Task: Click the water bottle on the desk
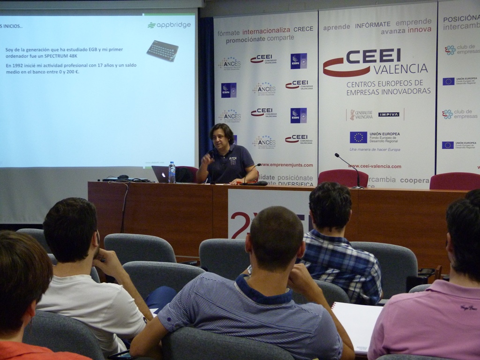[172, 173]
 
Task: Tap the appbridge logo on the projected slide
[169, 25]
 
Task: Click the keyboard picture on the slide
[162, 51]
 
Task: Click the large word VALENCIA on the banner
[401, 69]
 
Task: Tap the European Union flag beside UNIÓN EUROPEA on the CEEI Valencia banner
[358, 137]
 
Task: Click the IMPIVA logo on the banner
[389, 114]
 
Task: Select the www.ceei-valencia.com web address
[375, 166]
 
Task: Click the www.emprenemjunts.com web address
[285, 165]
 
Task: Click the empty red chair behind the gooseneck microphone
[343, 178]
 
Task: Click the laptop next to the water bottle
[159, 174]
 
